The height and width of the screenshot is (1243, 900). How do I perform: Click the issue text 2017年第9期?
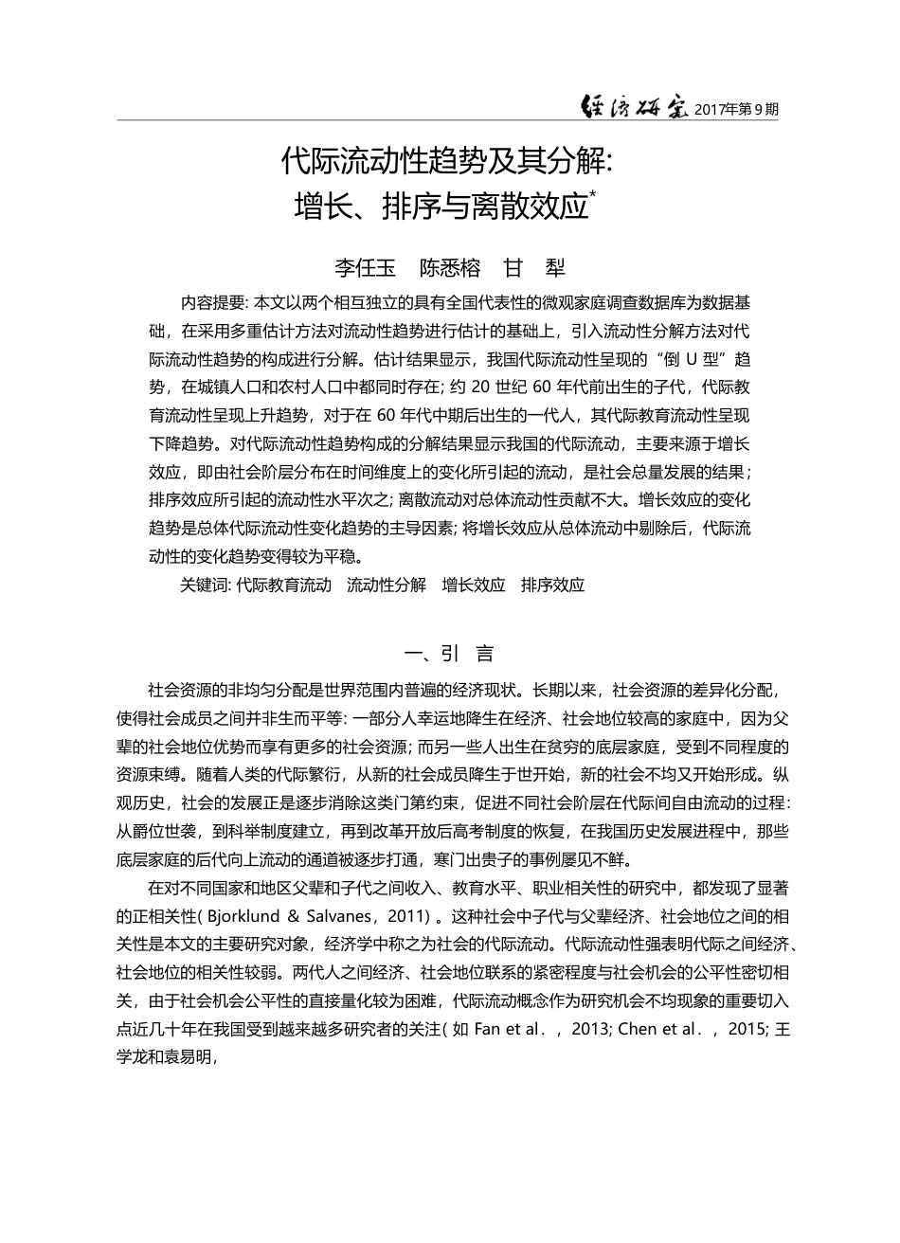736,109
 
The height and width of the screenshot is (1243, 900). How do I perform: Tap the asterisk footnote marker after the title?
593,195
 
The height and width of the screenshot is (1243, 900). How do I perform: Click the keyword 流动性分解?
387,585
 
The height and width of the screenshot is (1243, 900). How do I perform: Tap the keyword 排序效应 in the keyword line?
553,585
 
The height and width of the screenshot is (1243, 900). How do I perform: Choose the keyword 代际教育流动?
284,585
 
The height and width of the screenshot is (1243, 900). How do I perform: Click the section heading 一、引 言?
449,654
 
